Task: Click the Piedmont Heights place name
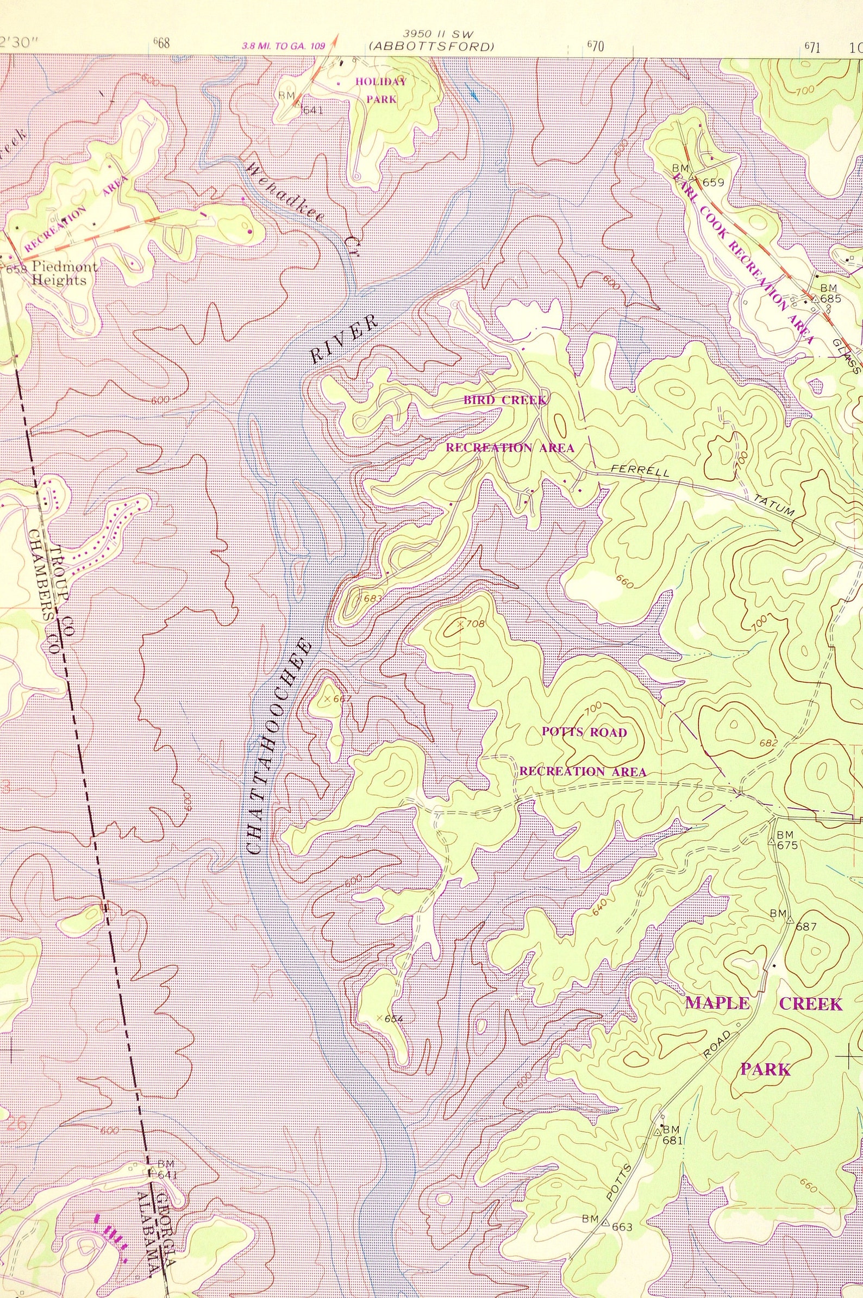point(61,273)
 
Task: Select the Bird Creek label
point(505,400)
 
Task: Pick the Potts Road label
point(584,732)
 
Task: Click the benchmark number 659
point(714,183)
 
